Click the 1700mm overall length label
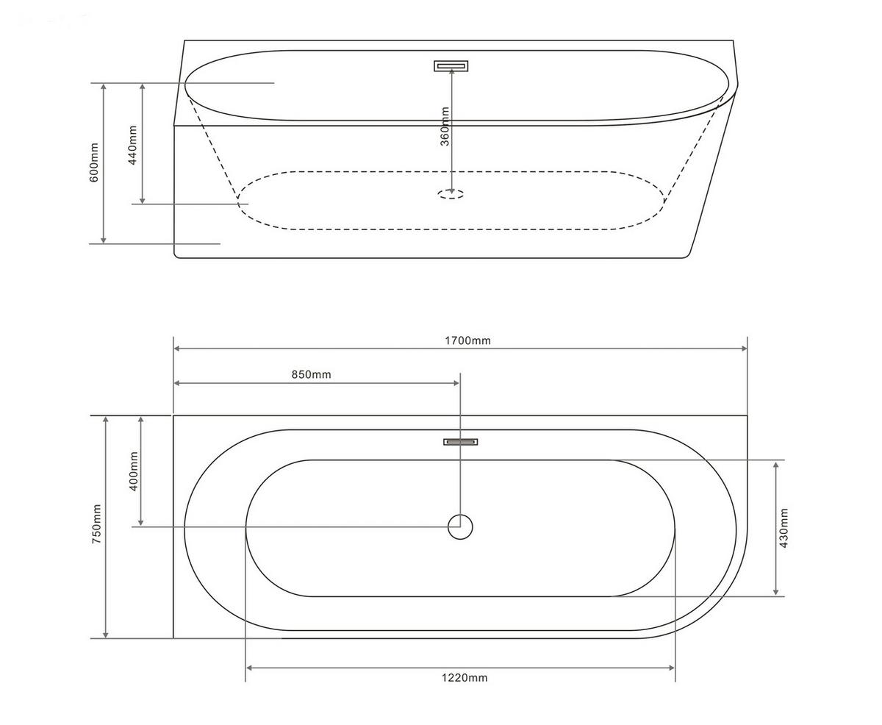point(467,340)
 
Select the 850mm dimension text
point(311,374)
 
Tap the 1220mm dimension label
point(464,678)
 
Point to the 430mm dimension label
point(784,528)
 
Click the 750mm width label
point(96,524)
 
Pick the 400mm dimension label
point(133,471)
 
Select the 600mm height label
point(94,162)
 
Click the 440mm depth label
point(132,144)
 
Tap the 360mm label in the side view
point(445,126)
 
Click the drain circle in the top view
point(460,526)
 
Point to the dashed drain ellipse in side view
point(451,194)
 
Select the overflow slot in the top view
point(461,442)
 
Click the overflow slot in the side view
point(451,66)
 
